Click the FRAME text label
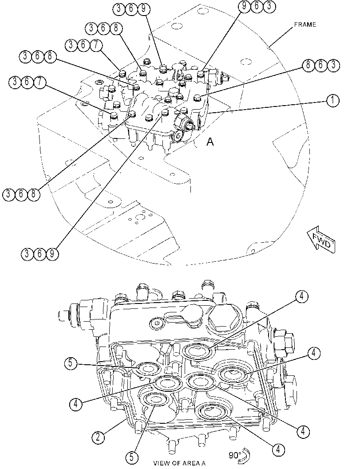[305, 24]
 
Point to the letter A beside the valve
[210, 142]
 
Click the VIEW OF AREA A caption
[179, 463]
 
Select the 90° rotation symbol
[239, 455]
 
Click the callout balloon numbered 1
[332, 100]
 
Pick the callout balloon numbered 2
[98, 437]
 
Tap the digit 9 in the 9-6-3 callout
[245, 7]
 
